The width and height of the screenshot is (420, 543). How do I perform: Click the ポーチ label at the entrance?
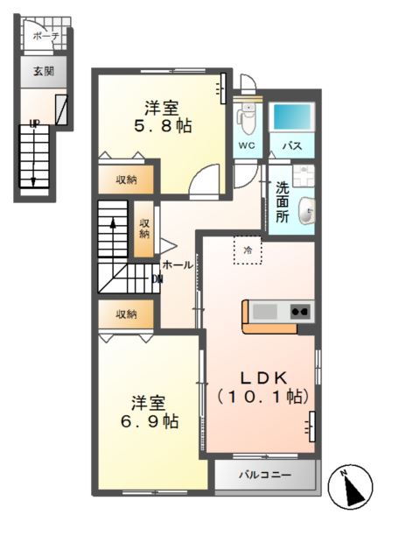pos(45,36)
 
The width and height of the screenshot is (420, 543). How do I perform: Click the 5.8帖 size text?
pos(162,126)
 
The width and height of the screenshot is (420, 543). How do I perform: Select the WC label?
pos(247,146)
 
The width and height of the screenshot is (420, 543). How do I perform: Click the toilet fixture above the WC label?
pos(246,116)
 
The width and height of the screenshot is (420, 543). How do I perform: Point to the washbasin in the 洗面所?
pos(306,210)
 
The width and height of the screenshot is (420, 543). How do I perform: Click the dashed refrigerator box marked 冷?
pos(248,250)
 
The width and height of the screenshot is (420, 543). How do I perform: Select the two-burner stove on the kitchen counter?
pos(299,310)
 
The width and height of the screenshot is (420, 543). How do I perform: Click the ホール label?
pos(178,264)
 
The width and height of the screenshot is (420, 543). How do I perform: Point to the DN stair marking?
pos(157,279)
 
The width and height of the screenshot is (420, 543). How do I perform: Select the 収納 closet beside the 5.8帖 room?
pos(127,180)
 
